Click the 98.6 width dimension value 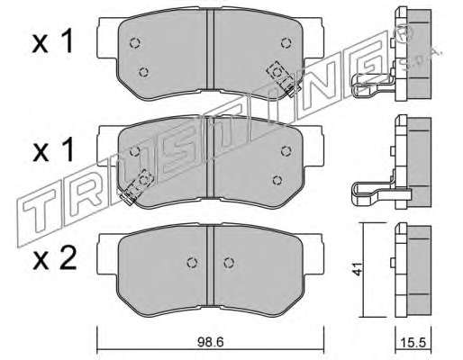[x=211, y=342]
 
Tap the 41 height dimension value [x=358, y=269]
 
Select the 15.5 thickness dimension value [x=413, y=343]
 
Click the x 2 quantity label [x=54, y=259]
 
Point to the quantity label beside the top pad [x=53, y=43]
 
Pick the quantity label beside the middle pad [x=53, y=151]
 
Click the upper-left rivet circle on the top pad [x=135, y=43]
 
